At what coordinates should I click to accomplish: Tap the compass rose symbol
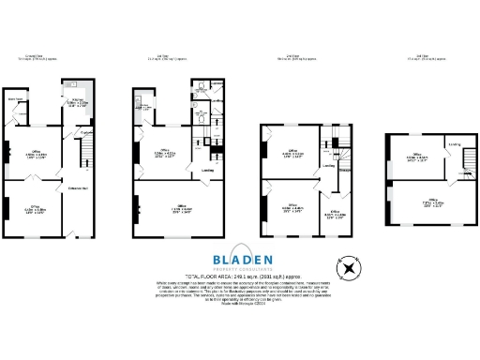tap(349, 269)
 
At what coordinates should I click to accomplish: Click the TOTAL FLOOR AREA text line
tap(240, 277)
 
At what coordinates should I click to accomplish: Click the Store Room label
tap(16, 97)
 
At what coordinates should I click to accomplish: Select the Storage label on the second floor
tap(345, 170)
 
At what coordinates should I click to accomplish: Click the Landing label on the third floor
tap(454, 144)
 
